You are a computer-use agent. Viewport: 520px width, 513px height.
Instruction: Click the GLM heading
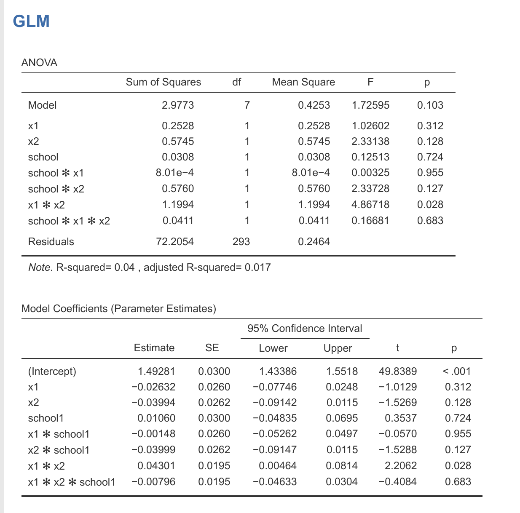[31, 21]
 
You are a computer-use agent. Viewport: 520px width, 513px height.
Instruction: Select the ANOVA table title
[39, 63]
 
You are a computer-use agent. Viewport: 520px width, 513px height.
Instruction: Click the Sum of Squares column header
[164, 82]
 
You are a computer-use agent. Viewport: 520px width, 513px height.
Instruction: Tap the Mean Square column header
[303, 82]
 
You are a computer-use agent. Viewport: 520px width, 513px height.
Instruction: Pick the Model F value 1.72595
[370, 105]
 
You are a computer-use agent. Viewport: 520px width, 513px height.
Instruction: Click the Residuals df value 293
[241, 242]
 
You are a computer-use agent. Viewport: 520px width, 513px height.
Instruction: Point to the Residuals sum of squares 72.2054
[175, 242]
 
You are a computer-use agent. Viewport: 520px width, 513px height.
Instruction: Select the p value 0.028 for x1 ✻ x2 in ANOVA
[430, 205]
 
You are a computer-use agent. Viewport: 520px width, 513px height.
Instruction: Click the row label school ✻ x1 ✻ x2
[69, 221]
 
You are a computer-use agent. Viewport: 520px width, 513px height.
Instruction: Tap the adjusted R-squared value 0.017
[257, 267]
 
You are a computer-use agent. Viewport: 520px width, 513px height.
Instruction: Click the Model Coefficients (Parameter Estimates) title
[118, 309]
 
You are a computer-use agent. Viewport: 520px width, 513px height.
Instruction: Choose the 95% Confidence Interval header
[305, 329]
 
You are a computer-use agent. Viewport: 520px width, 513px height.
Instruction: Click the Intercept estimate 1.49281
[156, 371]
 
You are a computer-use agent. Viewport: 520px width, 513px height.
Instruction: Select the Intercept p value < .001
[456, 371]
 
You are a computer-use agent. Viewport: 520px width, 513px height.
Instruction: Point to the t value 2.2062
[401, 466]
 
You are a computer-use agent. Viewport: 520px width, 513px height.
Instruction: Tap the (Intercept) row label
[52, 371]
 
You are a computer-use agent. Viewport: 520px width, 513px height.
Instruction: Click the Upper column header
[338, 348]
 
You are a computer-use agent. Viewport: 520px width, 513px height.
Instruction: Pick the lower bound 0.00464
[277, 466]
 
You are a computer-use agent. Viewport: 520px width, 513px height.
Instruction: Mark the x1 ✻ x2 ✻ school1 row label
[72, 482]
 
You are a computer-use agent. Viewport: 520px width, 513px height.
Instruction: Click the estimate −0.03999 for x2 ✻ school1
[153, 450]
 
